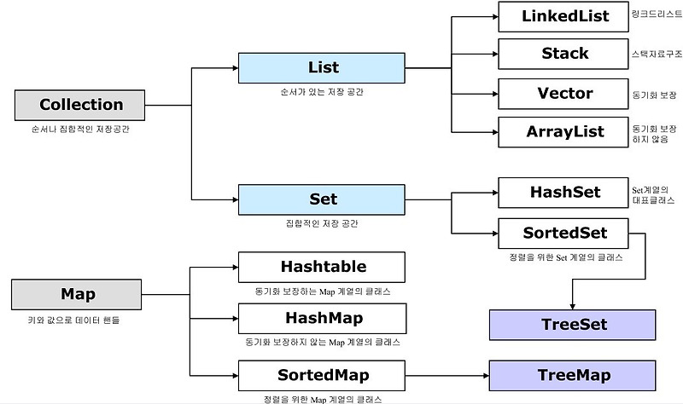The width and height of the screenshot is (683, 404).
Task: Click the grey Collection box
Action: point(81,105)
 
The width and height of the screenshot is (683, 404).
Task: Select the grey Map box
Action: point(77,295)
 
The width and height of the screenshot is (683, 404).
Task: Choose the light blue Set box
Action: point(322,199)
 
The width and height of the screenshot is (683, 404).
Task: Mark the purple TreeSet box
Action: point(572,325)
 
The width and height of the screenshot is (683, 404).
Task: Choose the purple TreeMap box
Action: point(572,374)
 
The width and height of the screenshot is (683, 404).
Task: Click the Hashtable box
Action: point(322,267)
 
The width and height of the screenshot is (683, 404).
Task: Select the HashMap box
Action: point(322,318)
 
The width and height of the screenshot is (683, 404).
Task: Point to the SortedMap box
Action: point(322,374)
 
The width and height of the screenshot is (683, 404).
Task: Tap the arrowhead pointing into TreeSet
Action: point(572,303)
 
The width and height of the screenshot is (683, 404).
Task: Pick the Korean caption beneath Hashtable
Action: point(322,291)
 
